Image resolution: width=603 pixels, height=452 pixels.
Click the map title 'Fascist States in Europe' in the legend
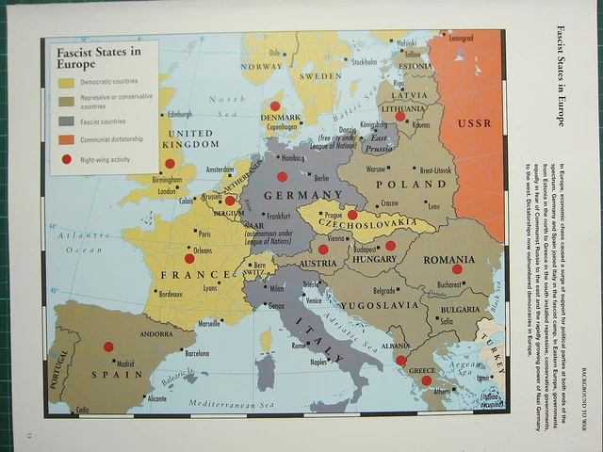tap(98, 57)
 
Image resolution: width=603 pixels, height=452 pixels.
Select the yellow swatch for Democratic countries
tap(66, 83)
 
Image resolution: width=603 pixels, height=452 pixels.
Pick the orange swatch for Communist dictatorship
tap(66, 139)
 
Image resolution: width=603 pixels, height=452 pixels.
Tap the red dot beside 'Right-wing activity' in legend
tap(66, 159)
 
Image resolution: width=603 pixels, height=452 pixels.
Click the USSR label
tap(474, 123)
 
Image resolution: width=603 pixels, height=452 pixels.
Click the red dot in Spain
tap(108, 347)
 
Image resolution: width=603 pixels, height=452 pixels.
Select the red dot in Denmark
tap(275, 106)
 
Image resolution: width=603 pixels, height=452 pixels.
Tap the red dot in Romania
tap(457, 269)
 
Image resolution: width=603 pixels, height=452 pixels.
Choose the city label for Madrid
tap(125, 363)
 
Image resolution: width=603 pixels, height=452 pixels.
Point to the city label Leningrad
tap(461, 39)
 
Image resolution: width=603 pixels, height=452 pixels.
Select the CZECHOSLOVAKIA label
tap(367, 227)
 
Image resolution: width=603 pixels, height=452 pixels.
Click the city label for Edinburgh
tap(179, 115)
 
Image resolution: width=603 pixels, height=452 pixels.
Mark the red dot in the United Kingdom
tap(170, 163)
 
